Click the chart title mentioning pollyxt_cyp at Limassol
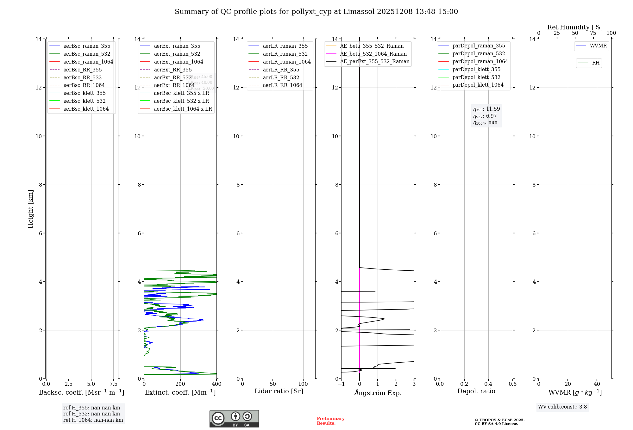tap(316, 12)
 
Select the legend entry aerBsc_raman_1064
tap(88, 62)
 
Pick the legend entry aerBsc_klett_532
tap(84, 101)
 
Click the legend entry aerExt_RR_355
tap(172, 70)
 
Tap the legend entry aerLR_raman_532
tap(285, 54)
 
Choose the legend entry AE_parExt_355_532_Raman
tap(374, 61)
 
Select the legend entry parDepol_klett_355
tap(476, 69)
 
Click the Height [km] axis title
tap(30, 209)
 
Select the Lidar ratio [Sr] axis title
tap(279, 391)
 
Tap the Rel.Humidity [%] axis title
tap(575, 27)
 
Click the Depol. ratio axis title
tap(476, 391)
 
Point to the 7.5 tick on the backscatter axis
tap(114, 384)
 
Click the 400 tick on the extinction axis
tap(216, 384)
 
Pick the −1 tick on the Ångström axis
tap(341, 384)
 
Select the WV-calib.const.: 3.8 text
tap(562, 407)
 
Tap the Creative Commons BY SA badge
tap(234, 419)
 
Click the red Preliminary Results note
tap(330, 421)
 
